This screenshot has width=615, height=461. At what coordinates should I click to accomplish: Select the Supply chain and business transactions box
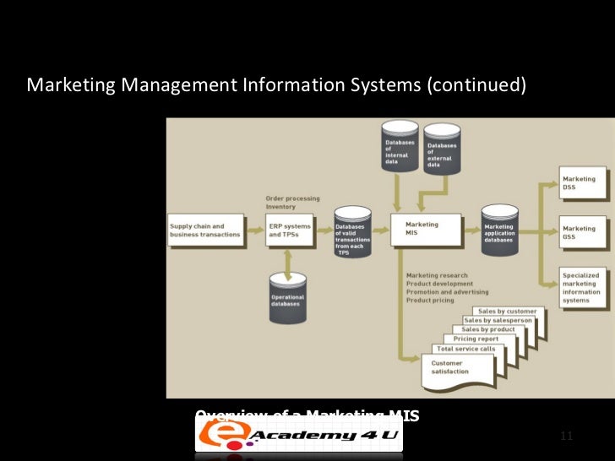click(207, 230)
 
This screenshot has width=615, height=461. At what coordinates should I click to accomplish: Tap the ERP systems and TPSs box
click(289, 230)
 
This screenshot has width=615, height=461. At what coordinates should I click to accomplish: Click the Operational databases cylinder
click(288, 298)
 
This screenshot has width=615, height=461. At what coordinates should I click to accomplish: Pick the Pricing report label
click(476, 339)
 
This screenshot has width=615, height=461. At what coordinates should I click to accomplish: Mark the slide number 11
click(566, 436)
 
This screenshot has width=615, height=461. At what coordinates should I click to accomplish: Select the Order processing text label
click(292, 198)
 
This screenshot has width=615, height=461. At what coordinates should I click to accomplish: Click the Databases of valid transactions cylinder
click(349, 236)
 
